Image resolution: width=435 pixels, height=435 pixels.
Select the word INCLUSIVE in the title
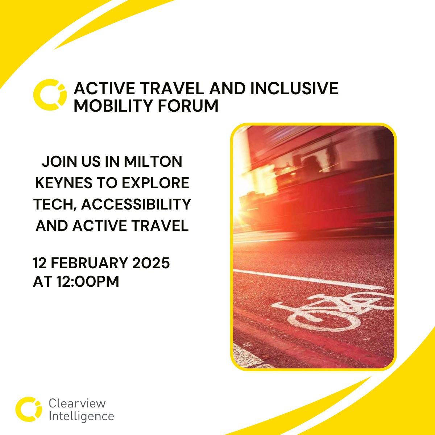(x=294, y=88)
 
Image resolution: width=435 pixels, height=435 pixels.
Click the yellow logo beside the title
(x=50, y=95)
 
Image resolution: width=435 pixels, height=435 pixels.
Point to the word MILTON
(x=153, y=161)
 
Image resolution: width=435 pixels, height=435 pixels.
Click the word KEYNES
(x=64, y=183)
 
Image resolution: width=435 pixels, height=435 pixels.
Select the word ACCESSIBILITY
(x=136, y=204)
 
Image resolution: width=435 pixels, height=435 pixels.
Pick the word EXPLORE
(x=156, y=183)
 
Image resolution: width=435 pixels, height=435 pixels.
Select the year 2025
(x=151, y=263)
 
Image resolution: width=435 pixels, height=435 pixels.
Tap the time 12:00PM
(x=88, y=281)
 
